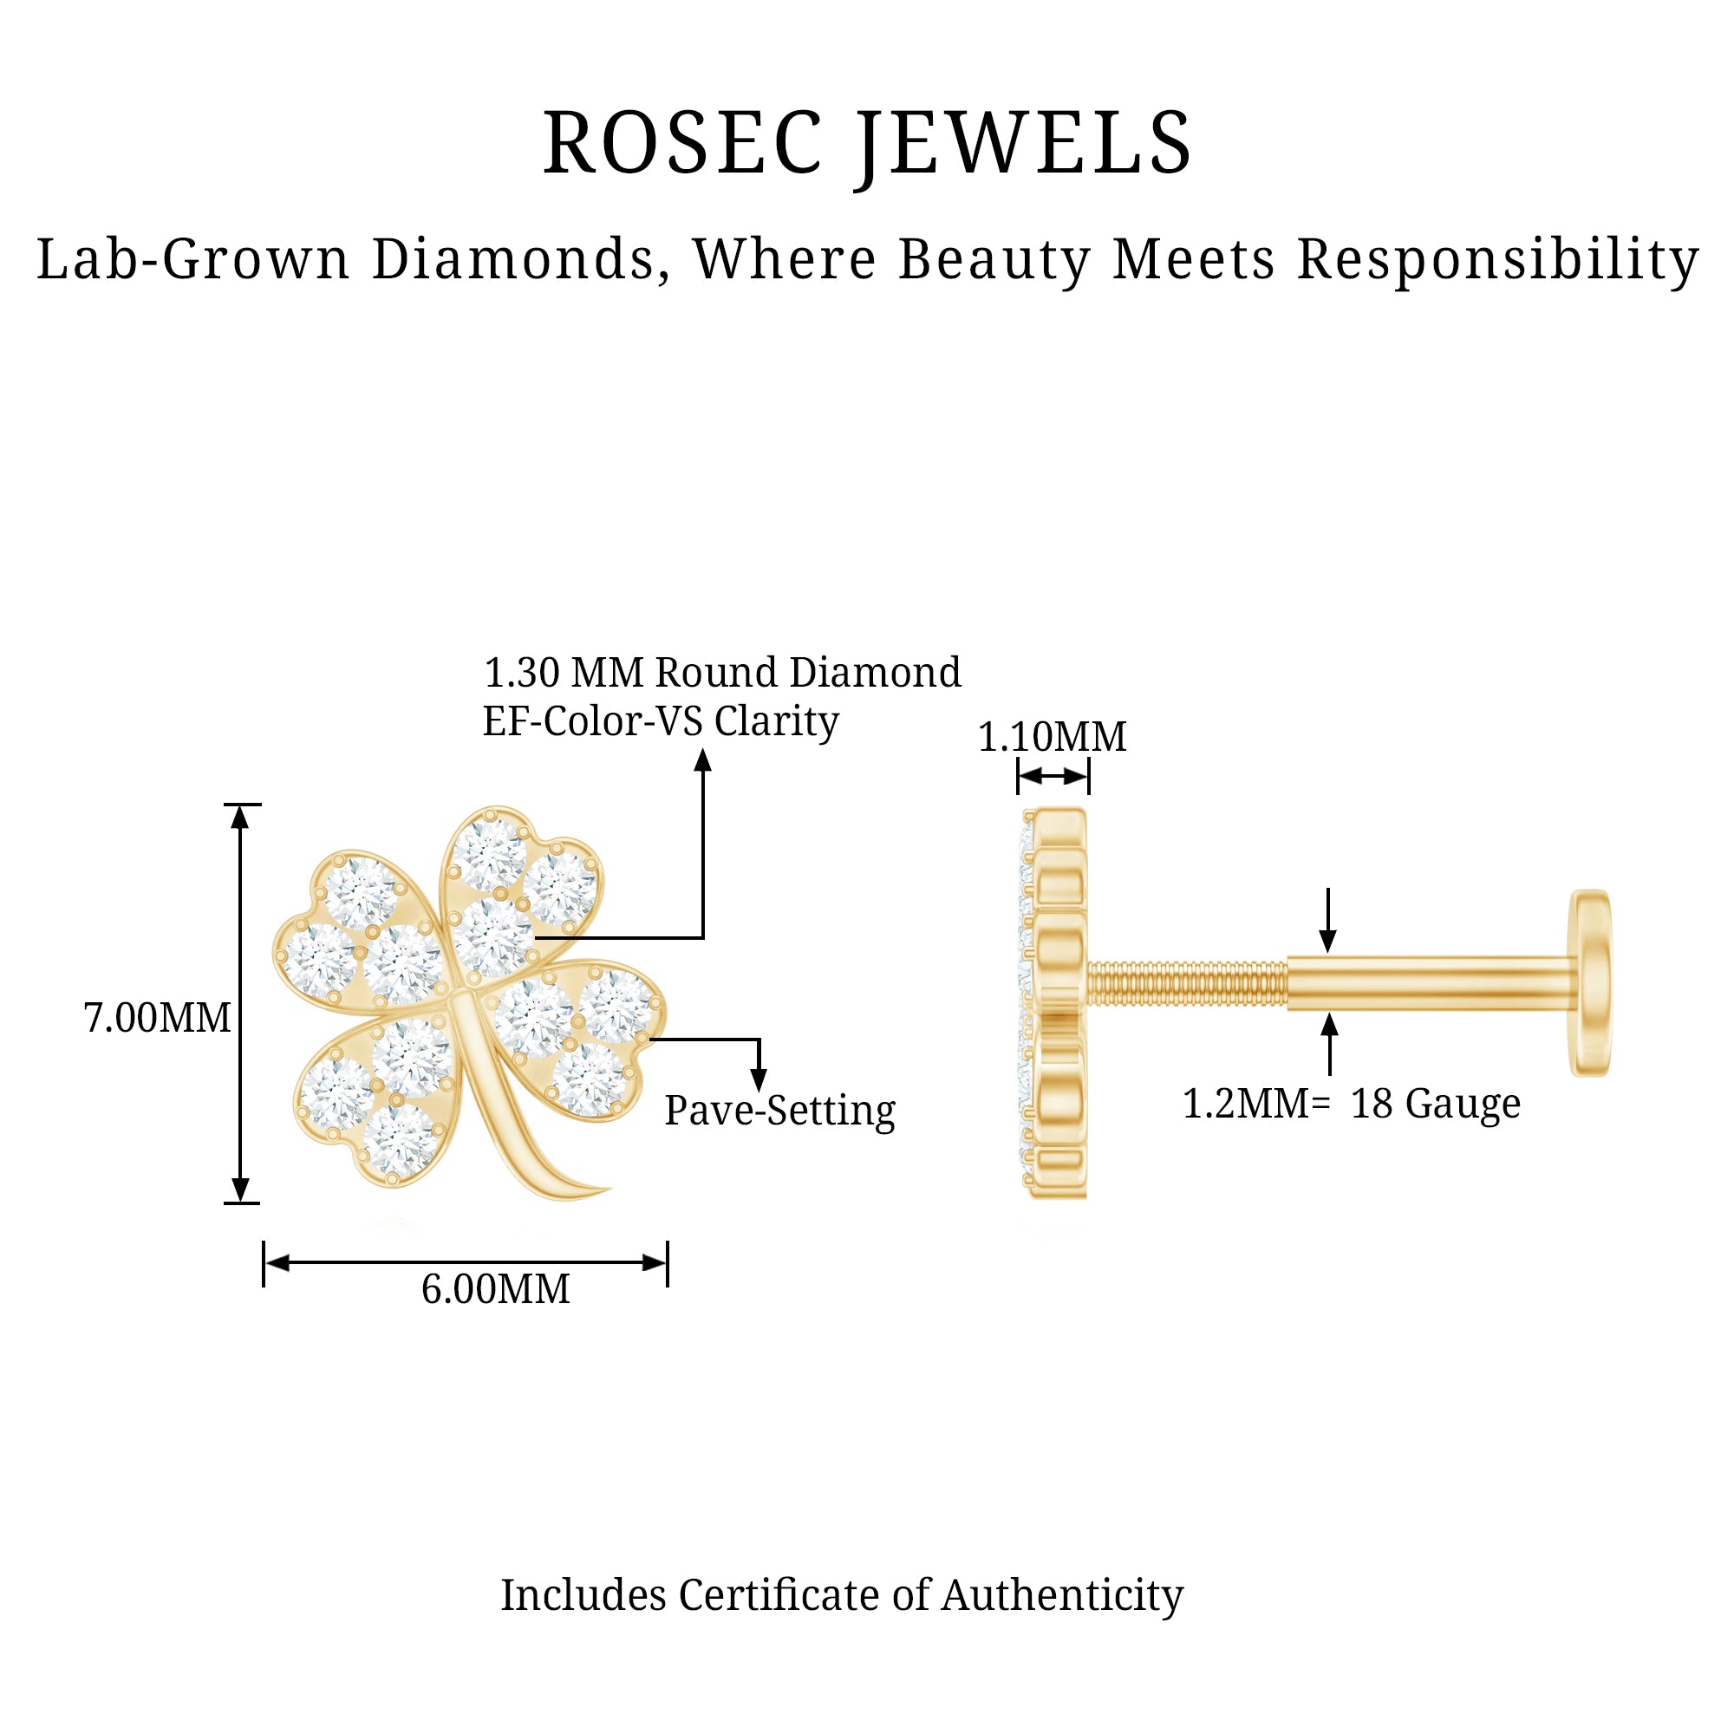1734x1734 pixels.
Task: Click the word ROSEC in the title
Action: pos(682,144)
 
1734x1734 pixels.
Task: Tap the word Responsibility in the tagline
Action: pos(1497,261)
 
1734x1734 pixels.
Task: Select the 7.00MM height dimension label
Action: pos(157,1018)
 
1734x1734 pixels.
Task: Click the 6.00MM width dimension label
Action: pos(495,1290)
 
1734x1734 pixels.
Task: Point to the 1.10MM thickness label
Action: pos(1051,737)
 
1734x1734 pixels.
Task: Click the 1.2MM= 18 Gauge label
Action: pos(1351,1104)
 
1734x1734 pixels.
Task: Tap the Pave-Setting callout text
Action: pos(779,1111)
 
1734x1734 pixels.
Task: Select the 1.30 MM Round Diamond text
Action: pos(721,672)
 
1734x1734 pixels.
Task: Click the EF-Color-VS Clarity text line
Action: pos(661,720)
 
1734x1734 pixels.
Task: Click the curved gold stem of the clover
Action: pos(520,1122)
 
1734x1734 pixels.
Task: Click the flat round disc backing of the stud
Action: pos(1589,983)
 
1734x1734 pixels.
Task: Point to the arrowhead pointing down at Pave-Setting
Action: pos(759,1079)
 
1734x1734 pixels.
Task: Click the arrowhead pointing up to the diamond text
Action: pos(703,761)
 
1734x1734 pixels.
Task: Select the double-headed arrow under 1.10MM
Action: pos(1053,776)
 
